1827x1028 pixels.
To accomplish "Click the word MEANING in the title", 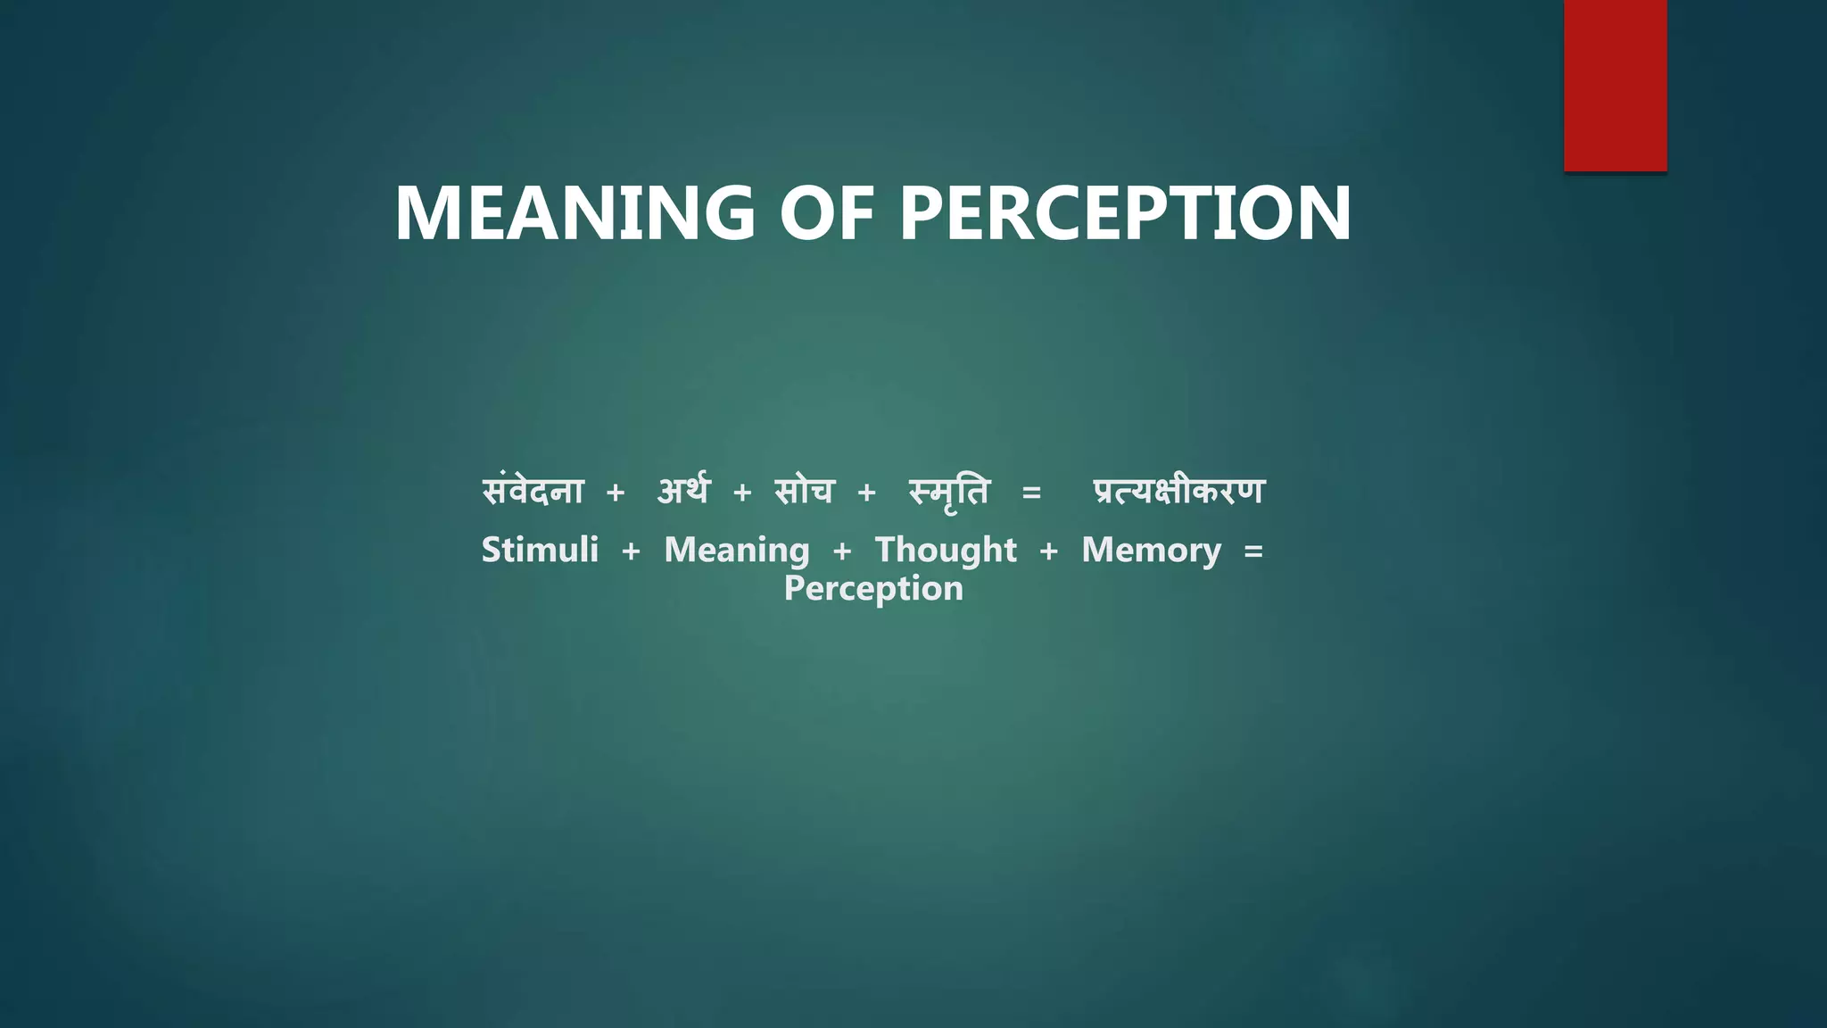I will click(575, 213).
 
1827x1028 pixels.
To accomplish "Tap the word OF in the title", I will click(826, 213).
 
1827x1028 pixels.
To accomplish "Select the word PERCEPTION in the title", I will click(1125, 213).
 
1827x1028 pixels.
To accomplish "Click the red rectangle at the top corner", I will click(1615, 85).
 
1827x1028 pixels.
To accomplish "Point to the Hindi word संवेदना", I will click(533, 492).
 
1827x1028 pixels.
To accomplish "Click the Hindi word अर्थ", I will click(683, 492).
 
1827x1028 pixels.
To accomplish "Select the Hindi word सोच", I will click(804, 492).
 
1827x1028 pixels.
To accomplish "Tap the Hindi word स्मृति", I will click(949, 493).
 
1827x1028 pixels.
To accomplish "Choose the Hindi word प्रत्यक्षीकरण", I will click(1178, 492).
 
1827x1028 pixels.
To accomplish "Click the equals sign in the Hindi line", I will click(1031, 493).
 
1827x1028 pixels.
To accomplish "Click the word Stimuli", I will click(540, 550).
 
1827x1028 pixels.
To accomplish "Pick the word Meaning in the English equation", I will click(737, 551).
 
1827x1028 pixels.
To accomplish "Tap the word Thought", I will click(946, 551).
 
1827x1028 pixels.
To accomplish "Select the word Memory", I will click(1151, 551).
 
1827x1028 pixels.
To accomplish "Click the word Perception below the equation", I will click(873, 589).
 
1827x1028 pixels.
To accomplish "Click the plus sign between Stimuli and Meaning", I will click(631, 551).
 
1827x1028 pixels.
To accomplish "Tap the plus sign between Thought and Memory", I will click(1049, 551).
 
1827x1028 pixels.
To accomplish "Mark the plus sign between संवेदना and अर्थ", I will click(615, 493).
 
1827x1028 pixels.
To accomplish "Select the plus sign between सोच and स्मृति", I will click(866, 493).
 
